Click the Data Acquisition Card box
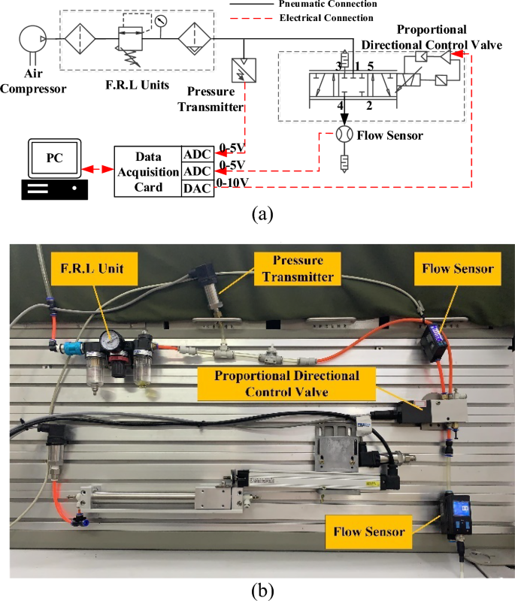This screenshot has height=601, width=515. point(148,171)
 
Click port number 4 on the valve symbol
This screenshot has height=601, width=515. point(341,104)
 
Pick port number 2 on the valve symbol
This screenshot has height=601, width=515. point(369,104)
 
